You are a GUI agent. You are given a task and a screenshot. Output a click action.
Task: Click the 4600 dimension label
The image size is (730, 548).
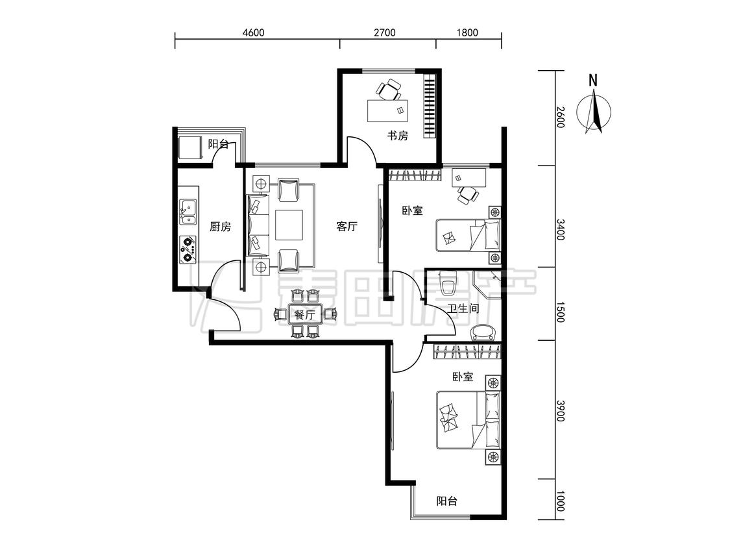(253, 32)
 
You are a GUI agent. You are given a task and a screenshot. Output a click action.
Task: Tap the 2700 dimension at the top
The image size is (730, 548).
(385, 32)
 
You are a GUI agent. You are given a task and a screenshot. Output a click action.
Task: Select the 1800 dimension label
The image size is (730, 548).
(467, 32)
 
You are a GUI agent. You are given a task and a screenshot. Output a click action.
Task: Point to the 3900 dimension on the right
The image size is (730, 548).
(560, 411)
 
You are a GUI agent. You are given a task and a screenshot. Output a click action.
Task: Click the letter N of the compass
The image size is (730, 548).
(592, 81)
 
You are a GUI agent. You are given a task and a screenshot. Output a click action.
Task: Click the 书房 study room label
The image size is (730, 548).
(398, 136)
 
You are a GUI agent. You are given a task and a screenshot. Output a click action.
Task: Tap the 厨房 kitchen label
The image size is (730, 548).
(220, 227)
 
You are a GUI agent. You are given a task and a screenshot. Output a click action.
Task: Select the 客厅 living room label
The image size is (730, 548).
(347, 227)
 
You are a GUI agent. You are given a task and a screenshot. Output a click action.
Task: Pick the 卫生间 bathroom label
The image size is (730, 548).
(463, 308)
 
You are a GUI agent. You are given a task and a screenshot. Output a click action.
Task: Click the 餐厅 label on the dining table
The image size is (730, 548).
(304, 316)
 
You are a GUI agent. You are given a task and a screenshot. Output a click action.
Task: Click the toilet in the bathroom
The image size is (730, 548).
(448, 283)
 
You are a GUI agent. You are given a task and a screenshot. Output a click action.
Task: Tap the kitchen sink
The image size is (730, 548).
(188, 212)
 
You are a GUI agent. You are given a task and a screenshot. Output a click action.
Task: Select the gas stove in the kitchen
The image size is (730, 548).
(188, 249)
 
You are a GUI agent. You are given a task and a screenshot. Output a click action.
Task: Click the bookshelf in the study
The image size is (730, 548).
(430, 106)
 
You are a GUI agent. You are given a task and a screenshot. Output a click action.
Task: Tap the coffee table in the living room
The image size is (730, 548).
(289, 225)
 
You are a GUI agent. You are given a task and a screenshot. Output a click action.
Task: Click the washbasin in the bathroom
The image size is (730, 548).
(483, 332)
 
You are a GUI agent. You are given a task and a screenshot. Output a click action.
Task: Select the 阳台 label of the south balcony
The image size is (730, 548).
(446, 501)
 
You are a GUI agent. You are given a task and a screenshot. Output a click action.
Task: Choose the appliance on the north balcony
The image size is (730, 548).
(189, 147)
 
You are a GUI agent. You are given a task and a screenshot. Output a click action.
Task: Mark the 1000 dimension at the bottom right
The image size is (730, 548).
(560, 501)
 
